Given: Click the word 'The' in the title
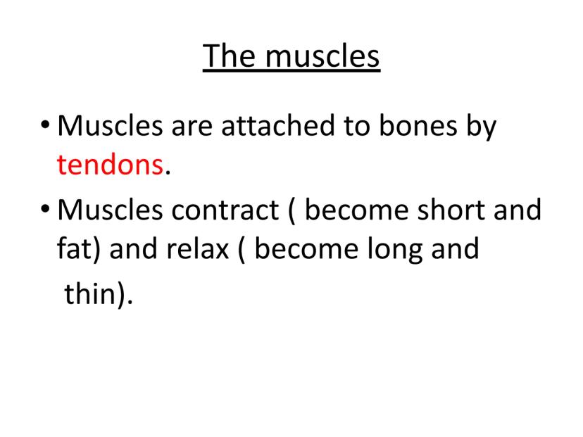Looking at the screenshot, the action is pyautogui.click(x=229, y=56).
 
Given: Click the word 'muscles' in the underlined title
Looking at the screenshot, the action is pyautogui.click(x=322, y=56).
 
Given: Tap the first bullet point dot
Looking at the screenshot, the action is pyautogui.click(x=45, y=125).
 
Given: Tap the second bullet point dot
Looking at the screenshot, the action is pyautogui.click(x=45, y=209).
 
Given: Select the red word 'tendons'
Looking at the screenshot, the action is pyautogui.click(x=110, y=164).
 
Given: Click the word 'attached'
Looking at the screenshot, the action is pyautogui.click(x=277, y=125).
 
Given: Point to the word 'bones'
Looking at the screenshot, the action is pyautogui.click(x=418, y=125).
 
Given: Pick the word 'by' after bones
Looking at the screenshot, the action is pyautogui.click(x=482, y=128).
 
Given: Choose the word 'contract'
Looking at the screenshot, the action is pyautogui.click(x=225, y=210).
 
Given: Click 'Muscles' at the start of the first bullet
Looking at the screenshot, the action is pyautogui.click(x=110, y=125).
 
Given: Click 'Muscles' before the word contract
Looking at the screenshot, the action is pyautogui.click(x=110, y=210).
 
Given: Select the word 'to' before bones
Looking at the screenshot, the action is pyautogui.click(x=356, y=127).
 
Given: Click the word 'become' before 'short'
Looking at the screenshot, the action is pyautogui.click(x=356, y=209).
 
